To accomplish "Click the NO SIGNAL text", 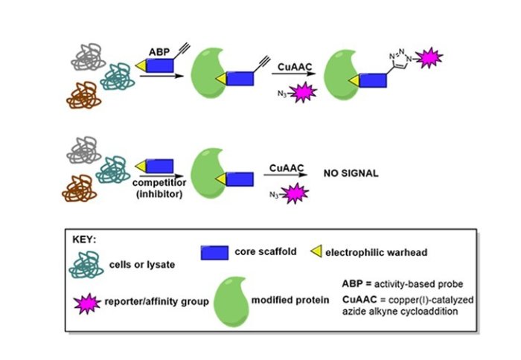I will click(x=351, y=173).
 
